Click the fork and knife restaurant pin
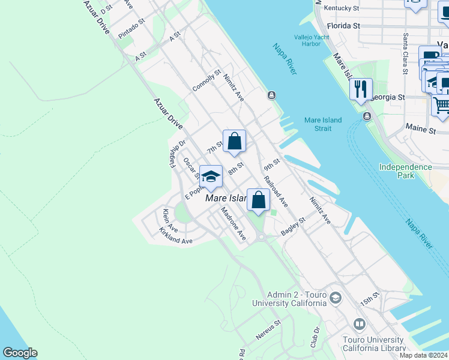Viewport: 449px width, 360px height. pyautogui.click(x=361, y=90)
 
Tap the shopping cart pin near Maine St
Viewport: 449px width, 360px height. pyautogui.click(x=441, y=105)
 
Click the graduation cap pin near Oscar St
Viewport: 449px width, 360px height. pyautogui.click(x=210, y=177)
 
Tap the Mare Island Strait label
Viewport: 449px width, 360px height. pyautogui.click(x=323, y=124)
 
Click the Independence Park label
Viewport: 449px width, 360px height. pyautogui.click(x=405, y=171)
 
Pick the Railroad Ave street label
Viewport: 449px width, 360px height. pyautogui.click(x=276, y=193)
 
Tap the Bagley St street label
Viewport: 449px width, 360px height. pyautogui.click(x=294, y=226)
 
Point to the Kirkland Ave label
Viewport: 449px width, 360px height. pyautogui.click(x=175, y=236)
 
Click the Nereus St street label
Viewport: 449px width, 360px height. pyautogui.click(x=268, y=331)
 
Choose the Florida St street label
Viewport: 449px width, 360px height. pyautogui.click(x=344, y=26)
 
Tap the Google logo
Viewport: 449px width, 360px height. pyautogui.click(x=20, y=353)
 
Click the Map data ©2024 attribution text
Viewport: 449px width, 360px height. pyautogui.click(x=423, y=355)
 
